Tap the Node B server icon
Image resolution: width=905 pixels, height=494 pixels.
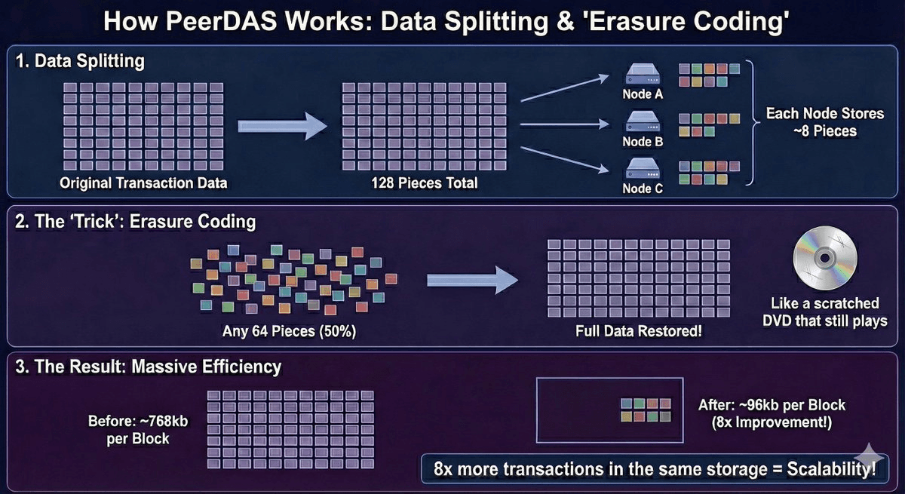pos(643,120)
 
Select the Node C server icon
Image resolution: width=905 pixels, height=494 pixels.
pos(643,167)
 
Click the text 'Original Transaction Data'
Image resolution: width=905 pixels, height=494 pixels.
pos(144,183)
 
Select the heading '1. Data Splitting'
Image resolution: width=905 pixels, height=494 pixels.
pos(81,61)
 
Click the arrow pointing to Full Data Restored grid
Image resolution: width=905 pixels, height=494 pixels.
pos(472,280)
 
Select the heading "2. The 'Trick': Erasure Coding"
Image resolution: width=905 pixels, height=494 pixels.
pos(137,222)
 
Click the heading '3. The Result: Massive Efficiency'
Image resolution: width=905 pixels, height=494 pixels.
pos(149,367)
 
